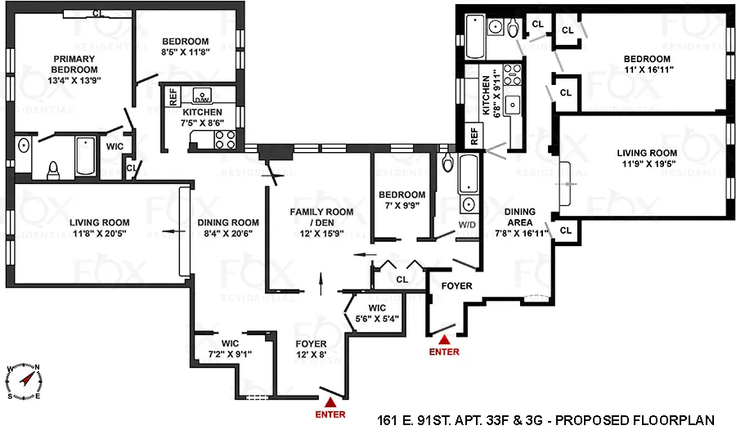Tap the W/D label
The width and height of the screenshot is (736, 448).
[468, 224]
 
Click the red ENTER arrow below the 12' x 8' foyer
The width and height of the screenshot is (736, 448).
[330, 401]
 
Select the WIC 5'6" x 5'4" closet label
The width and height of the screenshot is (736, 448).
[377, 313]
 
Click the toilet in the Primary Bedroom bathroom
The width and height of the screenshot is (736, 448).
[53, 169]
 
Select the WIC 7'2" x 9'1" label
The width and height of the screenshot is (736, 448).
[230, 349]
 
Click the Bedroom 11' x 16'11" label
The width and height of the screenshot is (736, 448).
[647, 65]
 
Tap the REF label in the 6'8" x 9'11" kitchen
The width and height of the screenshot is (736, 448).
[472, 135]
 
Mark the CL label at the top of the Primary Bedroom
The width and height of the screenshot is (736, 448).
[97, 13]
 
